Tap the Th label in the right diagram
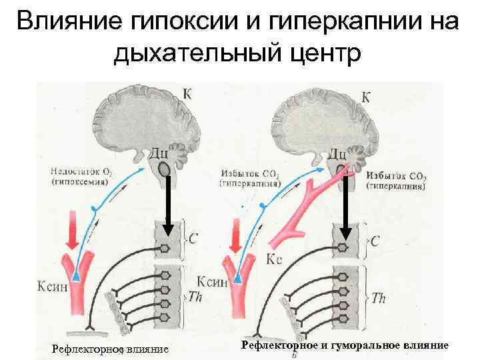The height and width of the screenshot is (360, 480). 377,298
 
